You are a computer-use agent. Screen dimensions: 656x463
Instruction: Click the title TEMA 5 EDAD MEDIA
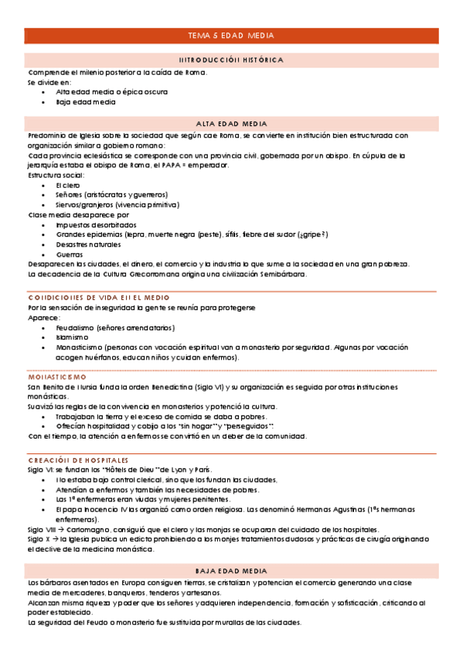point(231,36)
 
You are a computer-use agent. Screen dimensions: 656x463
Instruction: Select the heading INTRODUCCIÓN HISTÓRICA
point(231,60)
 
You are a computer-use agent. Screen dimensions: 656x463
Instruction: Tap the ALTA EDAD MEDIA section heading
point(231,124)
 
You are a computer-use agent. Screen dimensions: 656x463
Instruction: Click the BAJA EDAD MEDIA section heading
point(231,569)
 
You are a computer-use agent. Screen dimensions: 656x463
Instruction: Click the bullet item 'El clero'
point(68,186)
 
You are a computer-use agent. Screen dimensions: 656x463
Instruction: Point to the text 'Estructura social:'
point(54,176)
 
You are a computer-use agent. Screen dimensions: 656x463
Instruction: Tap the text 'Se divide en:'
point(49,81)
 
